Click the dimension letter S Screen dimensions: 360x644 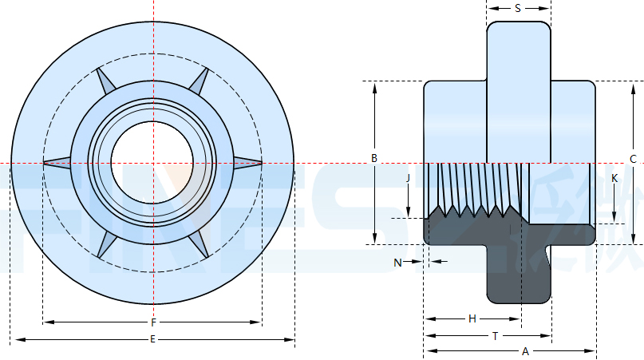coord(518,9)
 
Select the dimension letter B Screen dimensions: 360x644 coord(373,158)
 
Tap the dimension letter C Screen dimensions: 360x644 coord(633,159)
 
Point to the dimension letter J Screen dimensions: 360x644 coord(408,179)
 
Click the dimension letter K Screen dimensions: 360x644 coord(614,179)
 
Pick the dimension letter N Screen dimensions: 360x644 coord(397,262)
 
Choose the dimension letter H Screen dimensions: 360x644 coord(472,318)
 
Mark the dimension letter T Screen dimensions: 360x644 coord(495,336)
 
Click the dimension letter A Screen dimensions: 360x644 coord(524,351)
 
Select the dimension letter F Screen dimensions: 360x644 coord(152,323)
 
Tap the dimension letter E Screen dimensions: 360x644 coord(152,341)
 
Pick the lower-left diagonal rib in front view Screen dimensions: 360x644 coord(105,245)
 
